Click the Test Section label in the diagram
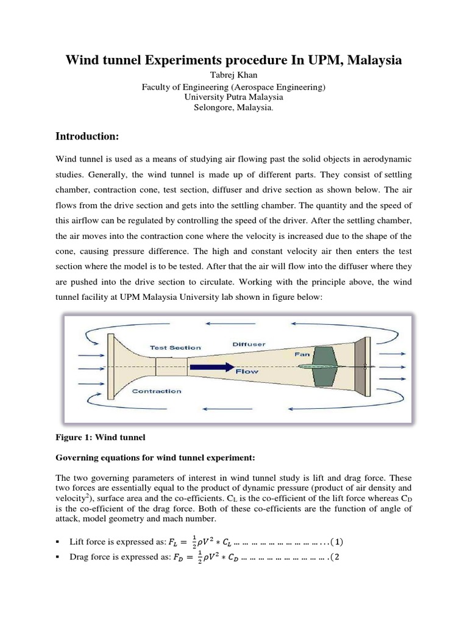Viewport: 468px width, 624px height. pos(175,347)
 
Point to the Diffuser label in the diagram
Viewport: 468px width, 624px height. pos(249,344)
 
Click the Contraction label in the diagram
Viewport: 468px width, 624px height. pos(157,391)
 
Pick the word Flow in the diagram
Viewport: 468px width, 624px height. pos(246,371)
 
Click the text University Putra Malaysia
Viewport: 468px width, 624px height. pos(233,96)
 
